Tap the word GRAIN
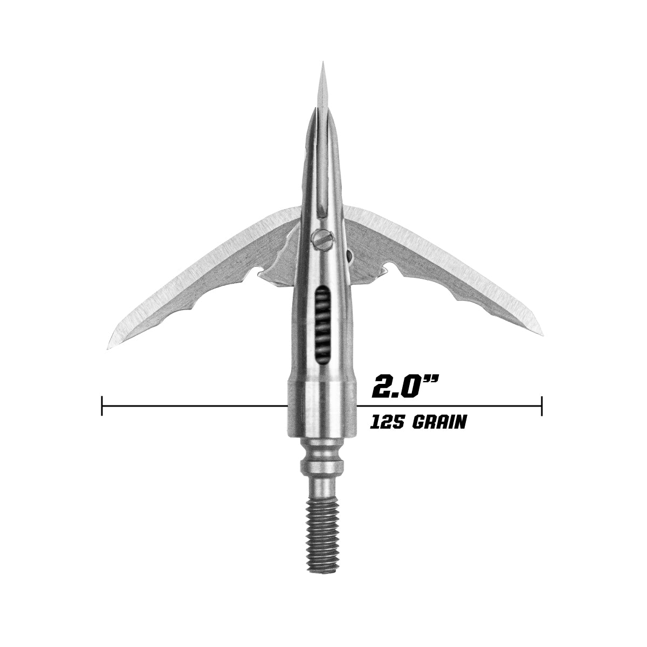(x=438, y=422)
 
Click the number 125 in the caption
(x=387, y=422)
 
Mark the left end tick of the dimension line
(x=102, y=405)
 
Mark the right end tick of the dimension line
(x=541, y=405)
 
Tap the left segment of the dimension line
(x=194, y=405)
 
